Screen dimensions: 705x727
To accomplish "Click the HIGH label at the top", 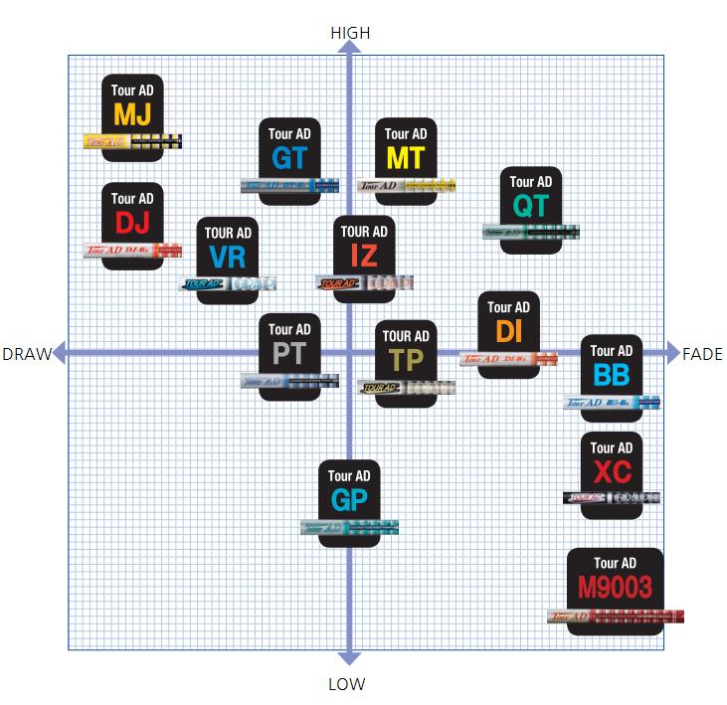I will pyautogui.click(x=349, y=33).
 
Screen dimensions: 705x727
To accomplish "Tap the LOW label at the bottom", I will pyautogui.click(x=346, y=684).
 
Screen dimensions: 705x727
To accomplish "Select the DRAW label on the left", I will pyautogui.click(x=26, y=354).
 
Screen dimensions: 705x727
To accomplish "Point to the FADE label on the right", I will pyautogui.click(x=702, y=354).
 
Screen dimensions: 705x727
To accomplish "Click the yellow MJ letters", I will pyautogui.click(x=132, y=114).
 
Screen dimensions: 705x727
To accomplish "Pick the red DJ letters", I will pyautogui.click(x=132, y=223).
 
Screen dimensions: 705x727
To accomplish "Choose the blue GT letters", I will pyautogui.click(x=288, y=157).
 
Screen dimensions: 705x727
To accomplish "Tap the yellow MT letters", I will pyautogui.click(x=405, y=157).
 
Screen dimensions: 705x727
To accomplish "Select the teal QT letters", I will pyautogui.click(x=530, y=206).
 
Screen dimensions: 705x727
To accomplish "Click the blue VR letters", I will pyautogui.click(x=228, y=257).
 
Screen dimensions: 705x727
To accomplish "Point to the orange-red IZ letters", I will pyautogui.click(x=363, y=256).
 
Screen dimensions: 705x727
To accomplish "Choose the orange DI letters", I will pyautogui.click(x=509, y=331).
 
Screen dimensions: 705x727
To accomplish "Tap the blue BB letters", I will pyautogui.click(x=611, y=375).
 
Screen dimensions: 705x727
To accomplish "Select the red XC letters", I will pyautogui.click(x=611, y=472).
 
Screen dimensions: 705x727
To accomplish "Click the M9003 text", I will pyautogui.click(x=615, y=588).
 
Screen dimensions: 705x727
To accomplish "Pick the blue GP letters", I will pyautogui.click(x=348, y=500).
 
